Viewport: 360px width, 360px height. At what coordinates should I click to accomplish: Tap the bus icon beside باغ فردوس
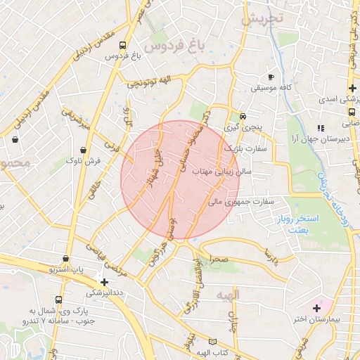[x=124, y=44]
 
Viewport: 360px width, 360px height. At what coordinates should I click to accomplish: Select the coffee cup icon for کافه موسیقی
[x=271, y=77]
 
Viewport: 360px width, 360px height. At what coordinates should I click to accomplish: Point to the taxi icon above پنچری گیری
[x=243, y=116]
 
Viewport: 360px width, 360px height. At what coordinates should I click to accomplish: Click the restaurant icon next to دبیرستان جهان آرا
[x=321, y=127]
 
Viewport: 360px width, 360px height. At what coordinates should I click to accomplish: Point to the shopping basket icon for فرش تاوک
[x=84, y=150]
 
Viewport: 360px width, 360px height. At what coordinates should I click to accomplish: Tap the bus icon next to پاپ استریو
[x=65, y=258]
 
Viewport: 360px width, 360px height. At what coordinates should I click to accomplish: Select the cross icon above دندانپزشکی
[x=104, y=281]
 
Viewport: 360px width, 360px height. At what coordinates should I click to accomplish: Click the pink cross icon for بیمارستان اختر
[x=316, y=307]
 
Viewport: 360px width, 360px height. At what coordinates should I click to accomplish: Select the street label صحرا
[x=219, y=259]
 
